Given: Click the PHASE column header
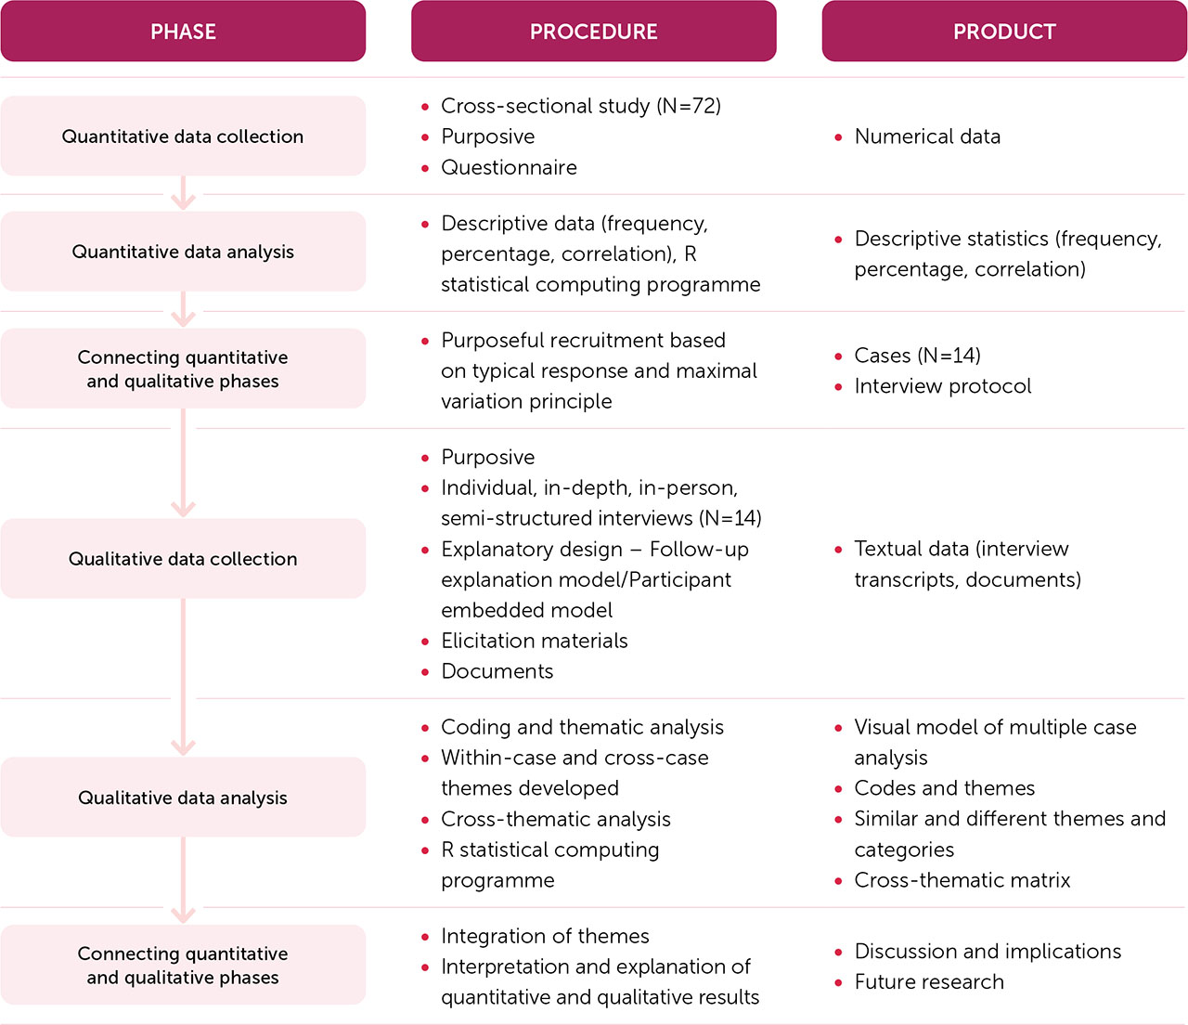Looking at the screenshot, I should [x=183, y=32].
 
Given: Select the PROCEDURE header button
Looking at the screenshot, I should [x=593, y=32].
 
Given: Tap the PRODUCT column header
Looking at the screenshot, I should [x=1004, y=32].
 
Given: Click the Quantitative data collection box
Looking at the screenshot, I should [x=183, y=136].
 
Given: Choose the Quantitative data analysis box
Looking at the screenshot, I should [x=183, y=252].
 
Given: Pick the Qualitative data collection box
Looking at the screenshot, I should [x=183, y=559].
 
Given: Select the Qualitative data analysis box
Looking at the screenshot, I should [x=183, y=798].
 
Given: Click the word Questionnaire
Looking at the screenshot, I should [x=509, y=167].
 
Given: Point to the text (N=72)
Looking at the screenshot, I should [x=689, y=106].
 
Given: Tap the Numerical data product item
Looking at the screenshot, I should [x=927, y=136].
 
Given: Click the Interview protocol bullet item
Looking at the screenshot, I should [x=942, y=386].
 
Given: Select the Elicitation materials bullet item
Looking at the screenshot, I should [x=534, y=641].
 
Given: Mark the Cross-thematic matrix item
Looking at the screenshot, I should [x=962, y=880].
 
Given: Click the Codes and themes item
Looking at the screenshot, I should [x=944, y=788].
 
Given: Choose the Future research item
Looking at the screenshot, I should [x=928, y=982].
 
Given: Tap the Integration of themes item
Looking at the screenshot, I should [x=545, y=936].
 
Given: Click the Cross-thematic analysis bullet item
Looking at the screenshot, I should [x=555, y=819].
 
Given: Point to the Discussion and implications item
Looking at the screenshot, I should [x=988, y=952].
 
